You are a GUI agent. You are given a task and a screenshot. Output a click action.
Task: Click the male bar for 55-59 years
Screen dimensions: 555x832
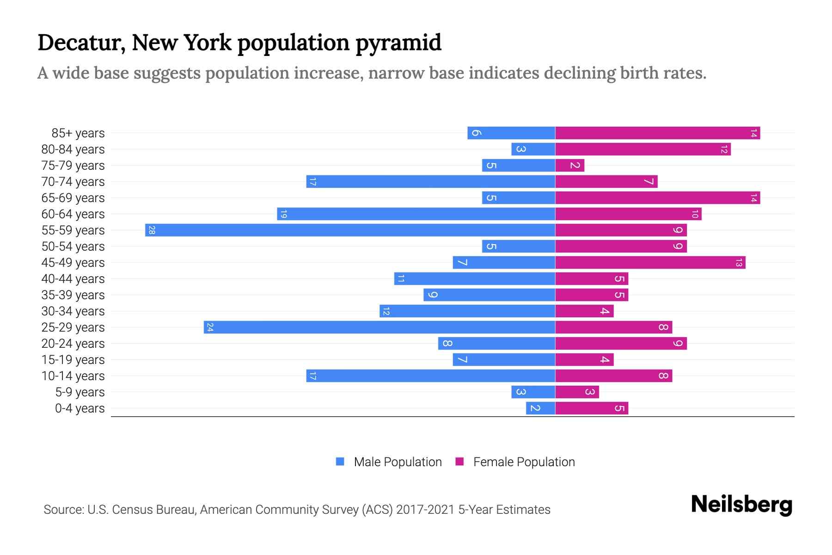click(350, 230)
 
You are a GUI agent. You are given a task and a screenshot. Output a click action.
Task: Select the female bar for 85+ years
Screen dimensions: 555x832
click(657, 133)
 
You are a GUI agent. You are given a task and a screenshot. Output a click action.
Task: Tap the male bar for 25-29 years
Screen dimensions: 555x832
click(379, 327)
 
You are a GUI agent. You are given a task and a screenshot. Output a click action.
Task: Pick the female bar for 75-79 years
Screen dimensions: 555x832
click(569, 166)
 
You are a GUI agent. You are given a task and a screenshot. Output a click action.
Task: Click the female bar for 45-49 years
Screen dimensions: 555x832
click(650, 263)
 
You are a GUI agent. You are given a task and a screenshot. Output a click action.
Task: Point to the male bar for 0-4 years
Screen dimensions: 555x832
click(540, 408)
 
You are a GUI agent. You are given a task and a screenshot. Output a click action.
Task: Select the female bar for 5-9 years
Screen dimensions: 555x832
click(577, 392)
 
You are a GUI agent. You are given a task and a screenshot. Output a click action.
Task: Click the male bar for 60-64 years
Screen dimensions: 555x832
click(416, 214)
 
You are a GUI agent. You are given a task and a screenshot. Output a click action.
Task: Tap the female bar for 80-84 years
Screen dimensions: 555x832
click(642, 149)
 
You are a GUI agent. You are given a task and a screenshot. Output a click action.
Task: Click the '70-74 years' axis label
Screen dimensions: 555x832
click(73, 182)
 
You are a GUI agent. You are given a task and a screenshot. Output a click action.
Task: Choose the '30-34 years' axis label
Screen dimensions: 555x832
click(73, 311)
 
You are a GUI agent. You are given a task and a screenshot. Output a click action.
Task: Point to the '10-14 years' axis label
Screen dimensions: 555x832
click(73, 376)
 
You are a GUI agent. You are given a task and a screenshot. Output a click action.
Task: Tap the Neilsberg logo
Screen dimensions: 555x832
click(741, 505)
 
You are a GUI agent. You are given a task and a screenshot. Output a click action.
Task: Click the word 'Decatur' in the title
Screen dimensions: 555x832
click(81, 43)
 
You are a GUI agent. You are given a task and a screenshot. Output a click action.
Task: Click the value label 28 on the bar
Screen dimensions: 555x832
click(152, 230)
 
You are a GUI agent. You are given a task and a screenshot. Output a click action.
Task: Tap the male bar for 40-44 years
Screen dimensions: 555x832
click(474, 279)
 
